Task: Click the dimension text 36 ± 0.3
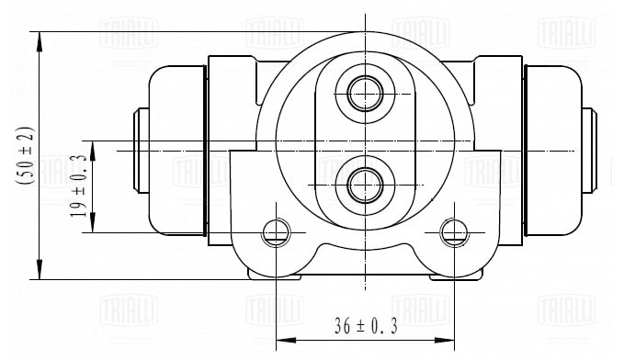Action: (x=366, y=326)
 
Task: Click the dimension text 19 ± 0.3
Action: (x=78, y=186)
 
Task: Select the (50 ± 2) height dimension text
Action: (x=26, y=155)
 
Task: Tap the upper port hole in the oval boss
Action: (x=365, y=94)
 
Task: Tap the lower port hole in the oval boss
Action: (x=365, y=185)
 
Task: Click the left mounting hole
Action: (x=276, y=232)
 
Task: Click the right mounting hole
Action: (x=454, y=232)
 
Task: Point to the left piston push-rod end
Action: (x=141, y=151)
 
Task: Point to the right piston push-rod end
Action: (x=589, y=151)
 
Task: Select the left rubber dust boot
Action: (x=178, y=151)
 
